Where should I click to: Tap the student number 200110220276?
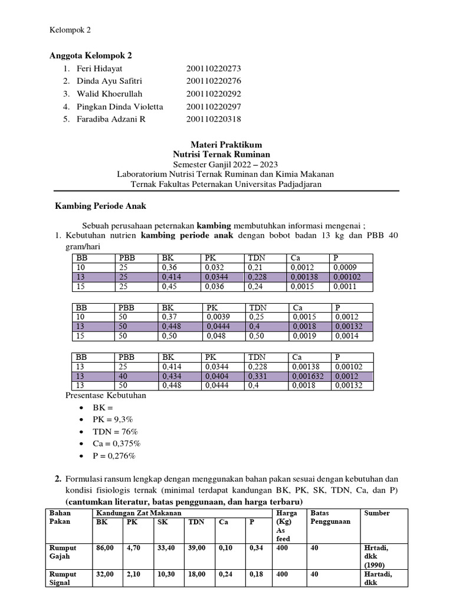coord(214,81)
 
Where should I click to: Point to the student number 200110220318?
coord(214,119)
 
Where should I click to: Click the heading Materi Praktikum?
coord(226,145)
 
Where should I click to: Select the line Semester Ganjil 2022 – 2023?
coord(226,164)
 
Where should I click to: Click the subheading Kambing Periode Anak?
coord(100,206)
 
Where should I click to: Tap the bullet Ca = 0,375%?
coord(116,444)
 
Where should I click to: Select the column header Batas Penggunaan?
coord(331,517)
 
